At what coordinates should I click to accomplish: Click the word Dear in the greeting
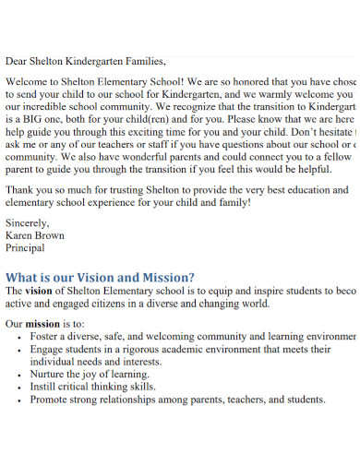pyautogui.click(x=18, y=61)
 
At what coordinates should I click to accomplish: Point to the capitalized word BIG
pyautogui.click(x=33, y=120)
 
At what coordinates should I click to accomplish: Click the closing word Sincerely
pyautogui.click(x=28, y=222)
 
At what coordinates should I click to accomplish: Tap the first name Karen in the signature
pyautogui.click(x=20, y=235)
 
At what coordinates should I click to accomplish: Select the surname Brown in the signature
pyautogui.click(x=52, y=235)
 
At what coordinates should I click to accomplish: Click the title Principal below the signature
pyautogui.click(x=25, y=248)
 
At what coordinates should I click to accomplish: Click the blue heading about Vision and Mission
pyautogui.click(x=100, y=277)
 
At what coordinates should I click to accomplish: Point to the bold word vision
pyautogui.click(x=40, y=291)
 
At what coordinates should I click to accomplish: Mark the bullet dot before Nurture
pyautogui.click(x=20, y=375)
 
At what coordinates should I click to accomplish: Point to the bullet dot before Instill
pyautogui.click(x=20, y=388)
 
